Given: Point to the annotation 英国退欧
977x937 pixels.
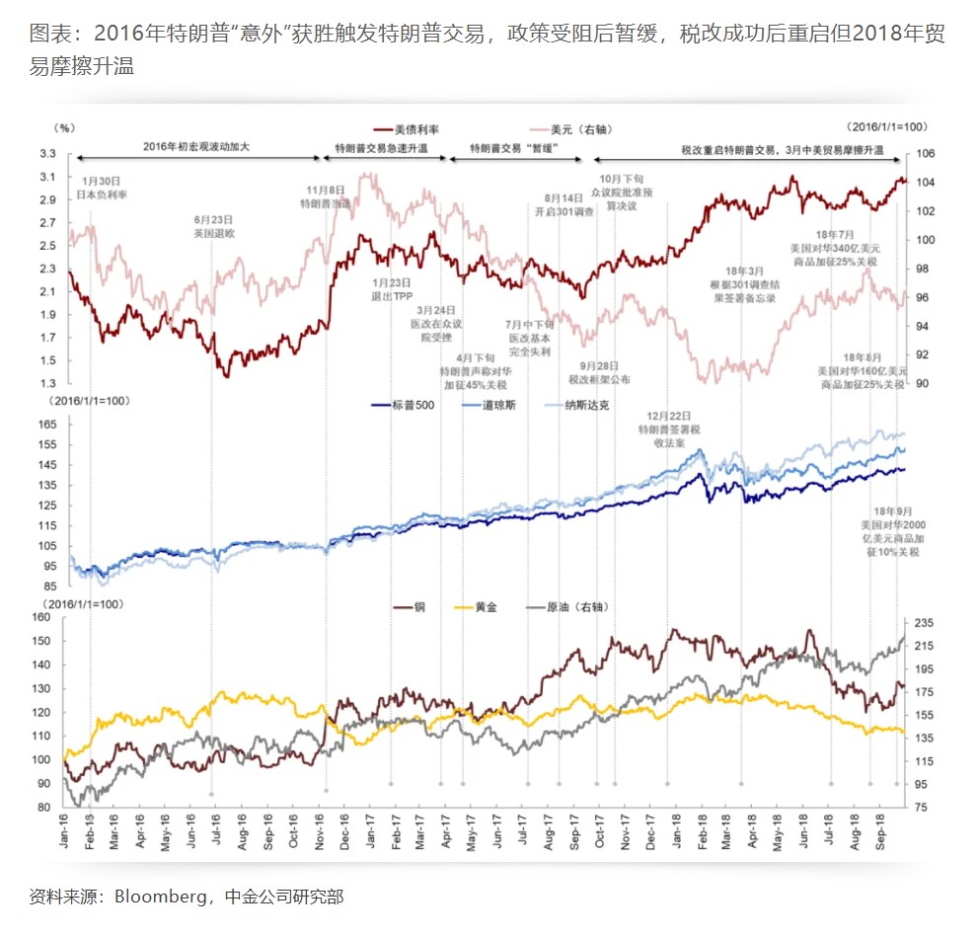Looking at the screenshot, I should [x=214, y=234].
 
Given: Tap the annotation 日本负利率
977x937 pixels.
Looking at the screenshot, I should [x=102, y=195].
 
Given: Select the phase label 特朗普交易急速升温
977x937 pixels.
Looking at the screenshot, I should [x=381, y=148].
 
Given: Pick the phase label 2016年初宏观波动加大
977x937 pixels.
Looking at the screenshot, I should [x=196, y=148].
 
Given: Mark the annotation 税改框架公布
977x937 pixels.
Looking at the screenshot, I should [x=598, y=379].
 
